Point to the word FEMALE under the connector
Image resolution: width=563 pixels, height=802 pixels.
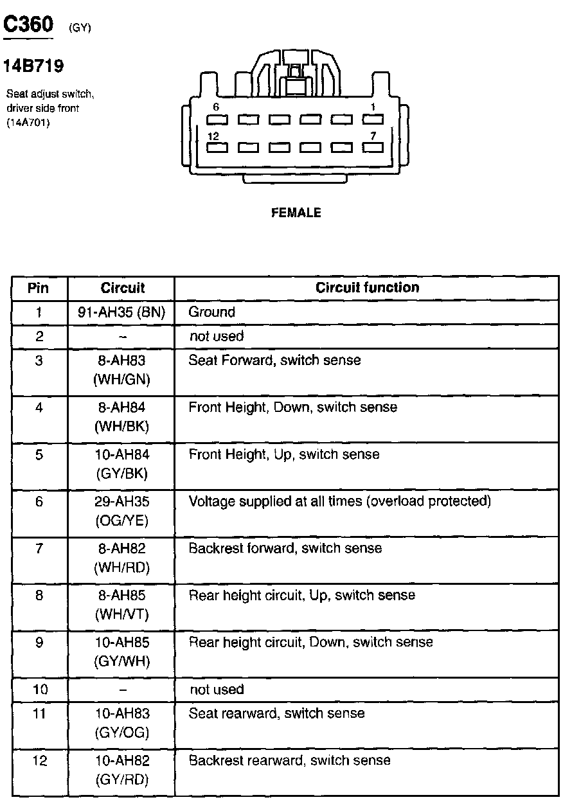pyautogui.click(x=296, y=213)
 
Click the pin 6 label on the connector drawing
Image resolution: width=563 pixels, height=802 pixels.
pyautogui.click(x=216, y=107)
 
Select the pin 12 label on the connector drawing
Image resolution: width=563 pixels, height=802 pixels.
pyautogui.click(x=214, y=136)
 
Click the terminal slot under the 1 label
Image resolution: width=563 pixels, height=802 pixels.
pyautogui.click(x=373, y=120)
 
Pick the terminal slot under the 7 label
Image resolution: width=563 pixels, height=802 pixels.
pyautogui.click(x=373, y=147)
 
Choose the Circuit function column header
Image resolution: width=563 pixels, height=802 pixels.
pyautogui.click(x=367, y=288)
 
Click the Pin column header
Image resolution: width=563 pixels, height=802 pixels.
pyautogui.click(x=39, y=288)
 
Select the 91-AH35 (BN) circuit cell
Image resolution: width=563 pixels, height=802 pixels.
pyautogui.click(x=121, y=312)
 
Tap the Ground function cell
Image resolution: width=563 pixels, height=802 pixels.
pyautogui.click(x=212, y=312)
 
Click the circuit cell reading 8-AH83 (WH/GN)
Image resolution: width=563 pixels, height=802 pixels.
pyautogui.click(x=121, y=370)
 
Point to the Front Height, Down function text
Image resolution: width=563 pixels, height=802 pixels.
pyautogui.click(x=292, y=407)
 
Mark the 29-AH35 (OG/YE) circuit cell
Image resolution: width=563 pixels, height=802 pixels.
pyautogui.click(x=121, y=511)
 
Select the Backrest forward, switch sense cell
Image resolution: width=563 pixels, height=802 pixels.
pyautogui.click(x=285, y=549)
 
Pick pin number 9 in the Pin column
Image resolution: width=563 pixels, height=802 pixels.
pyautogui.click(x=39, y=642)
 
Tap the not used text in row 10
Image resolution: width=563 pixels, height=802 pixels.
pyautogui.click(x=217, y=690)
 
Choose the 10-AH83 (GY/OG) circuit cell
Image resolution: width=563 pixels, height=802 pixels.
pyautogui.click(x=121, y=723)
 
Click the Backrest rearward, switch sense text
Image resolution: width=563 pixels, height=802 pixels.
pyautogui.click(x=289, y=761)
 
